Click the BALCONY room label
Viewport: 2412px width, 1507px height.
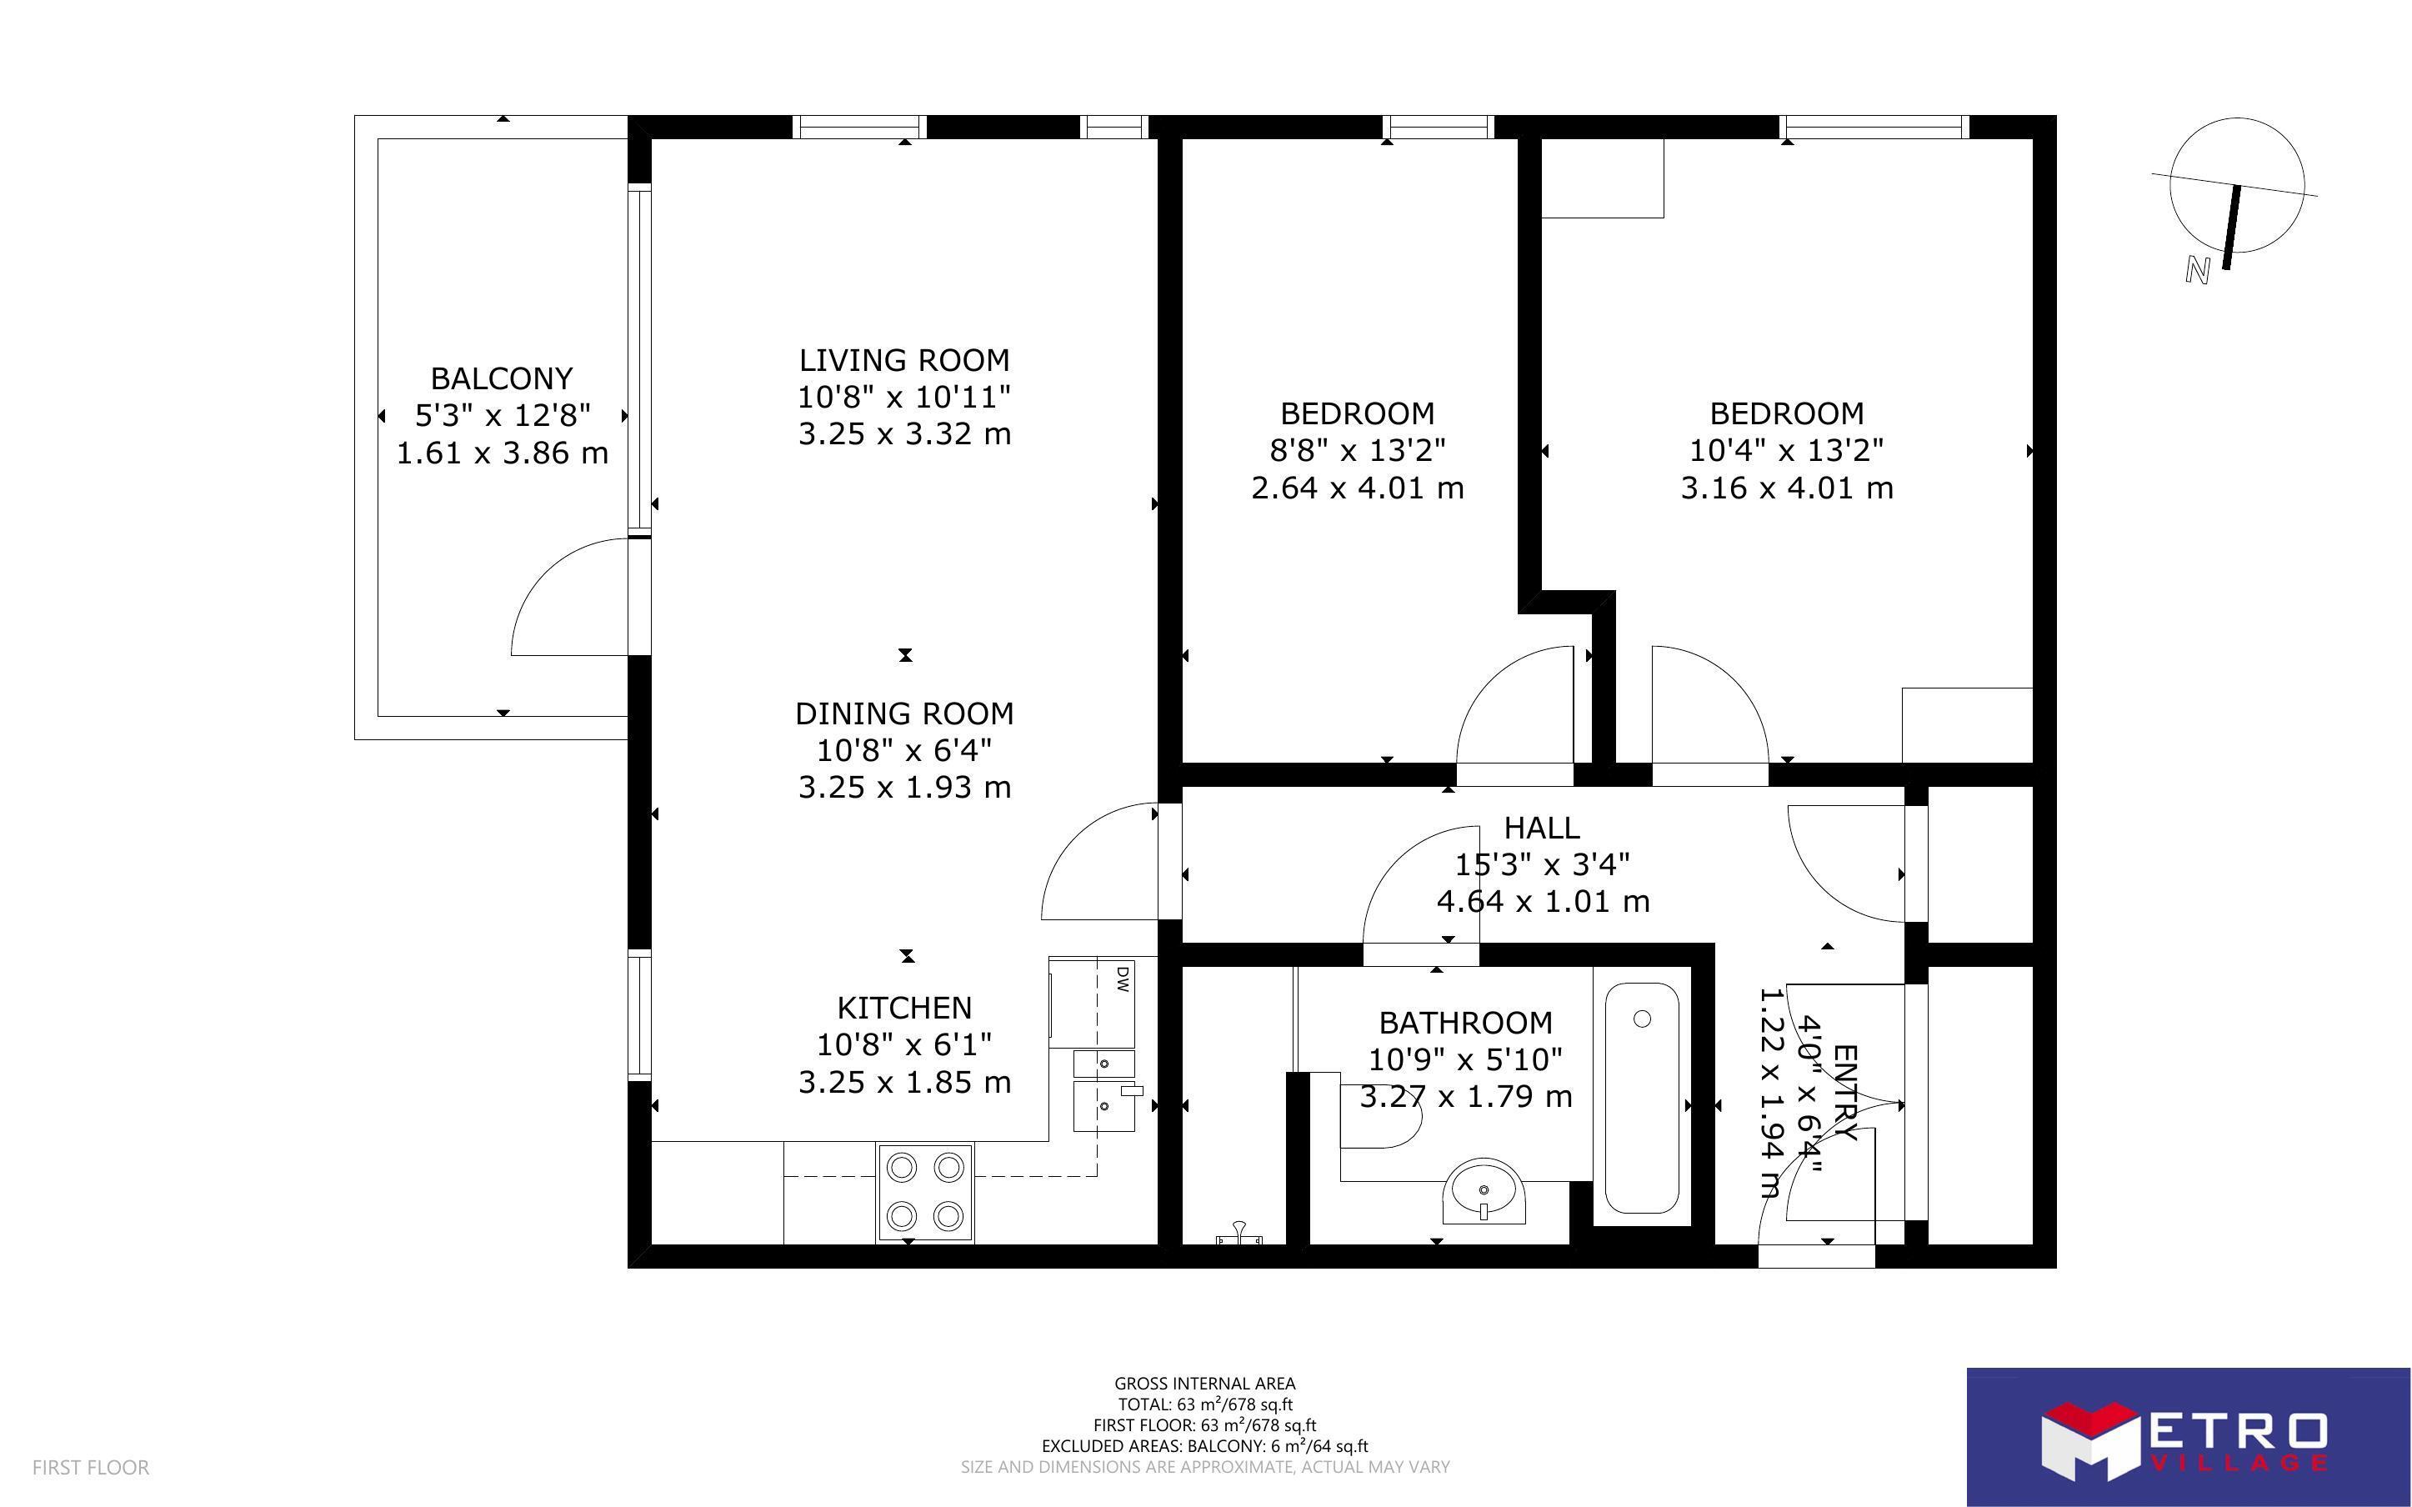pyautogui.click(x=501, y=378)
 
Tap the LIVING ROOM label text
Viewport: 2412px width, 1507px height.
pyautogui.click(x=903, y=360)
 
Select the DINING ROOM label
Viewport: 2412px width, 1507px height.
pyautogui.click(x=903, y=713)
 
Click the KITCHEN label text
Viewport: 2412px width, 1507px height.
pyautogui.click(x=903, y=1008)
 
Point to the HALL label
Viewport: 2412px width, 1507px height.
pyautogui.click(x=1541, y=827)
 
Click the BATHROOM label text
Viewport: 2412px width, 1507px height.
pyautogui.click(x=1465, y=1023)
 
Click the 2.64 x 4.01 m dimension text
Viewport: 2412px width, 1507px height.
pyautogui.click(x=1357, y=488)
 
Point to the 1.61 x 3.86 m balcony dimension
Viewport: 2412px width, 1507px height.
pyautogui.click(x=502, y=453)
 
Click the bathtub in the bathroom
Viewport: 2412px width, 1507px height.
pyautogui.click(x=1642, y=1098)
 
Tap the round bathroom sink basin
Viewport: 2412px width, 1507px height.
pyautogui.click(x=1484, y=1191)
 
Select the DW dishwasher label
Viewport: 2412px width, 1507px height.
pyautogui.click(x=1123, y=978)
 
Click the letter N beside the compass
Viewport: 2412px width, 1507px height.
pyautogui.click(x=2198, y=269)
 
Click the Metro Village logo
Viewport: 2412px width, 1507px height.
pyautogui.click(x=2188, y=1437)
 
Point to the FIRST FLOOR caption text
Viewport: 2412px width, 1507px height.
pyautogui.click(x=91, y=1467)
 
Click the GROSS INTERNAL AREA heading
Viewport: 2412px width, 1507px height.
pyautogui.click(x=1204, y=1384)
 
